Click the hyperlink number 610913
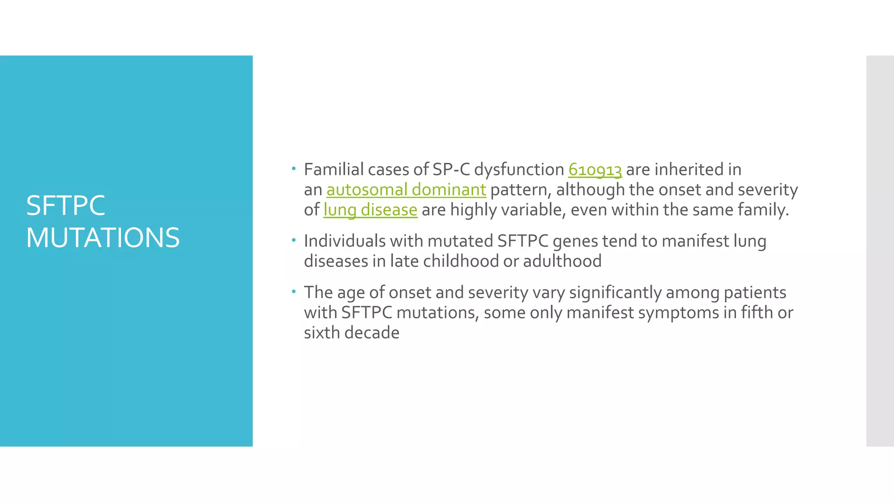tap(595, 170)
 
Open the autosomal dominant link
tap(406, 190)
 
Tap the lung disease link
tap(370, 210)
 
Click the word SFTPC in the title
tap(65, 206)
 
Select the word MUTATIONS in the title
tap(103, 238)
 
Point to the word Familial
tap(334, 170)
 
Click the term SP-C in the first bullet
tap(451, 170)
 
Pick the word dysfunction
tap(519, 170)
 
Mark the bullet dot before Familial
tap(294, 169)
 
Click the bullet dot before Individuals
tap(294, 240)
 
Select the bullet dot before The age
tap(294, 291)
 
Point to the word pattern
tap(518, 190)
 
